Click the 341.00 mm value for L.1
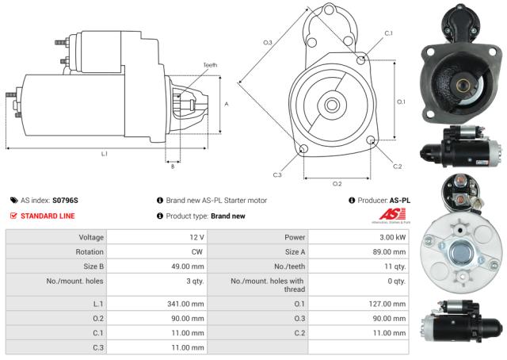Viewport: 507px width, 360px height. tap(187, 303)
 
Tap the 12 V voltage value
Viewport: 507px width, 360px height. tap(196, 237)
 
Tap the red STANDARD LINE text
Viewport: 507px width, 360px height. tap(49, 216)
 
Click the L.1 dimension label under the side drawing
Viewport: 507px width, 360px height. tap(105, 154)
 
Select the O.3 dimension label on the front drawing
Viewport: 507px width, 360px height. tap(268, 42)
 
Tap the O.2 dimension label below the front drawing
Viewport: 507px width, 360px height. tap(337, 183)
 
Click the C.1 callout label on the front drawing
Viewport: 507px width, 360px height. tap(388, 33)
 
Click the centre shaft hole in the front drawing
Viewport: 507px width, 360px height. tap(330, 104)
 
